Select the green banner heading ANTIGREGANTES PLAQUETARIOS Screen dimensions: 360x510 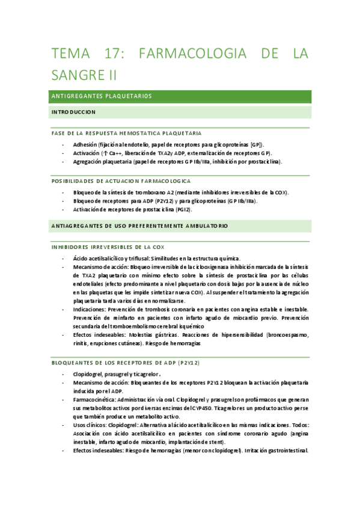102,96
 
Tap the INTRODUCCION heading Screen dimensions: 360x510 73,112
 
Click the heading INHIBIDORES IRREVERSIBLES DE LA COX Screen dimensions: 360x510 114,247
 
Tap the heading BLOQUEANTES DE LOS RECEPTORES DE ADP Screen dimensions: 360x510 126,363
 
